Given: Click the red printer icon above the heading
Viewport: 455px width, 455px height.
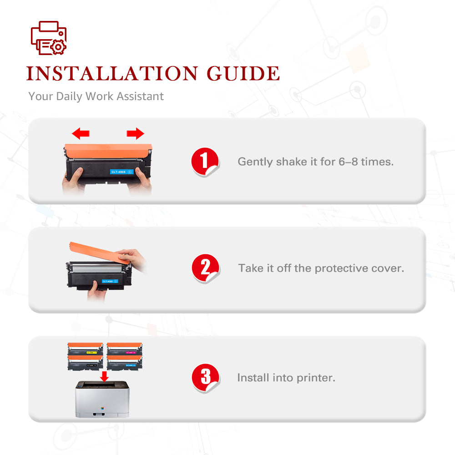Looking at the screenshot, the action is pyautogui.click(x=49, y=38).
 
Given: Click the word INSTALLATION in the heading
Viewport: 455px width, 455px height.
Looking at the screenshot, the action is pyautogui.click(x=112, y=73).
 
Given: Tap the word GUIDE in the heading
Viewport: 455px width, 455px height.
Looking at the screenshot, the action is pyautogui.click(x=243, y=73).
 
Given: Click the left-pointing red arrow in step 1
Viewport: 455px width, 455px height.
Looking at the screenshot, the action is pyautogui.click(x=81, y=134).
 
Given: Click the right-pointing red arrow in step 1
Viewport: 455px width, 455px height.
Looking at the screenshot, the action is pyautogui.click(x=135, y=133).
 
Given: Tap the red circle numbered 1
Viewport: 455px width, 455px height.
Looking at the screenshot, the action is pyautogui.click(x=205, y=162).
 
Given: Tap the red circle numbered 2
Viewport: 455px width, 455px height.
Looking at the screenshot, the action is pyautogui.click(x=206, y=268).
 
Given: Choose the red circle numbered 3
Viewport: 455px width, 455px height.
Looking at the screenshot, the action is pyautogui.click(x=206, y=378).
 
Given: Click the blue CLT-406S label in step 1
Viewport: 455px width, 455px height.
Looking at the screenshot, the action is pyautogui.click(x=121, y=172).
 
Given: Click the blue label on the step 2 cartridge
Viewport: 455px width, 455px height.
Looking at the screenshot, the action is pyautogui.click(x=110, y=281).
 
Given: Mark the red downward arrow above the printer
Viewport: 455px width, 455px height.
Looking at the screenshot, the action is pyautogui.click(x=104, y=377).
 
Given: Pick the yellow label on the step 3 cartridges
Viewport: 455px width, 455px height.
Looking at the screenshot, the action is pyautogui.click(x=91, y=353).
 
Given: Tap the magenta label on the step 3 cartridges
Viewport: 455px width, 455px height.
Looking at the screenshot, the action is pyautogui.click(x=130, y=353).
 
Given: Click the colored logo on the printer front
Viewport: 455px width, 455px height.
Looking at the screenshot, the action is pyautogui.click(x=102, y=408).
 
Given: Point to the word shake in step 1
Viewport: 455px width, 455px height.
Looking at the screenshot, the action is pyautogui.click(x=291, y=162).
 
